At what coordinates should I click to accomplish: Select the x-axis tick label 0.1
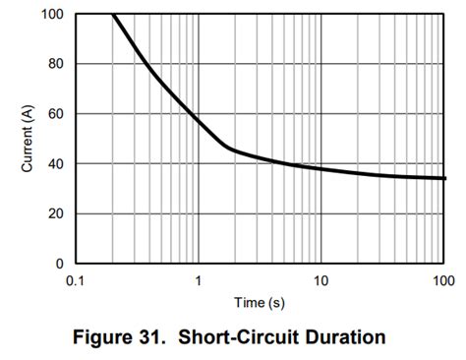tap(75, 281)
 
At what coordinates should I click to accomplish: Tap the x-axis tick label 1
tap(199, 281)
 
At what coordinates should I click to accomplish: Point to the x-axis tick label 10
tap(320, 281)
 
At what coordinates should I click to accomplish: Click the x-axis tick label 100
tap(442, 281)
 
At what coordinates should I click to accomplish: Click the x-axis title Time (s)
tap(260, 302)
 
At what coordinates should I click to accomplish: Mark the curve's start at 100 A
tap(113, 15)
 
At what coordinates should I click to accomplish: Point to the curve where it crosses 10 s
tap(320, 168)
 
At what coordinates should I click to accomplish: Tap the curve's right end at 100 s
tap(442, 178)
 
